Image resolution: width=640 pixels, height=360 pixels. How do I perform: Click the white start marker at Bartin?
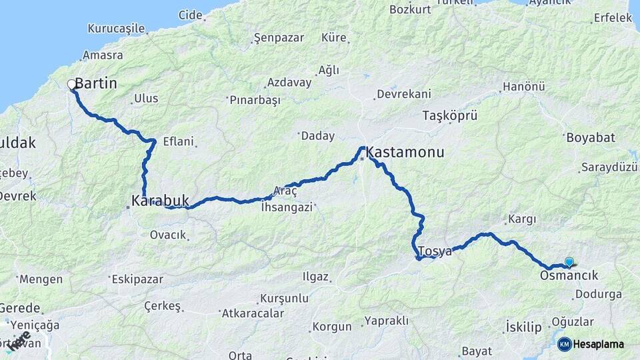71,85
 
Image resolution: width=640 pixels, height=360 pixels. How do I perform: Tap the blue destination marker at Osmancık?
569,262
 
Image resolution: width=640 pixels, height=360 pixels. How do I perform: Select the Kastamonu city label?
405,153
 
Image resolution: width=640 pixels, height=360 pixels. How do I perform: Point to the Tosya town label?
435,251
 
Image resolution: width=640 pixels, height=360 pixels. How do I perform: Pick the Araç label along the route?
285,190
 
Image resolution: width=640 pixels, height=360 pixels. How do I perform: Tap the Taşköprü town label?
450,115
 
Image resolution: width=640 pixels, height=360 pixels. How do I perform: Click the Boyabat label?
590,138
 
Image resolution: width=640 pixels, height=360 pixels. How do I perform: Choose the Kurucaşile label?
116,29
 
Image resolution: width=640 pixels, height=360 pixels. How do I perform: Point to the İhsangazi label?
287,207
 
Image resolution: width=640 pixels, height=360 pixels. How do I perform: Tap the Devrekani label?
403,94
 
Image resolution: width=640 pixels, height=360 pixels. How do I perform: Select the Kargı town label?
522,219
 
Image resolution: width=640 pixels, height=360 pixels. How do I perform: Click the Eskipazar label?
137,279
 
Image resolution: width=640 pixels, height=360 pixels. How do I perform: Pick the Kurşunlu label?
284,297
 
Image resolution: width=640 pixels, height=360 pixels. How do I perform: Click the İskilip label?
523,328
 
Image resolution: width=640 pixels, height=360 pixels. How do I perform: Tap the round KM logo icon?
564,344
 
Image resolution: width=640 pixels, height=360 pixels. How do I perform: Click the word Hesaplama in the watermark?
599,345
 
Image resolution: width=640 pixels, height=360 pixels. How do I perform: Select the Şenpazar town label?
278,39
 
